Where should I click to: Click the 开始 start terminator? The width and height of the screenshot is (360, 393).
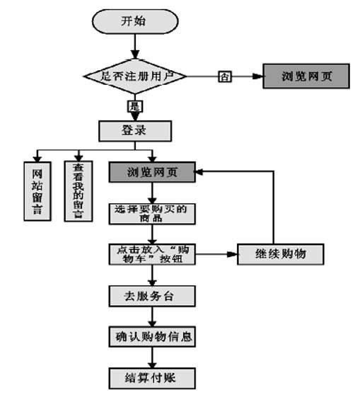(135, 21)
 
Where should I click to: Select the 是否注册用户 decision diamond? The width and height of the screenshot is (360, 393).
(135, 76)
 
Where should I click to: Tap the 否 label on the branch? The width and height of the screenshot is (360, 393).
(225, 76)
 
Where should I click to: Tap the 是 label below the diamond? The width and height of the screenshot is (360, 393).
(135, 106)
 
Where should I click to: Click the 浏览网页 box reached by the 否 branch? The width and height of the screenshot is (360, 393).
(306, 76)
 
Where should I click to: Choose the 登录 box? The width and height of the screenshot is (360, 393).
(135, 131)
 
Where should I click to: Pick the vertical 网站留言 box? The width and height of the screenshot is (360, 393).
(37, 191)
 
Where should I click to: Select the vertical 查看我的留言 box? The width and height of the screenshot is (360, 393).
(79, 191)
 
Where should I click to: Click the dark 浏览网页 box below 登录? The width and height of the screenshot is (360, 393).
(152, 172)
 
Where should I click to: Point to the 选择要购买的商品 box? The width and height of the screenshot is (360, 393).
(152, 214)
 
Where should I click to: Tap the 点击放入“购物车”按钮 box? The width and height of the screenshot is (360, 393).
(152, 254)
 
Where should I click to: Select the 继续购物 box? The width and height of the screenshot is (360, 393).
(280, 254)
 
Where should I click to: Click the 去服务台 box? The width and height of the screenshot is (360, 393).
(152, 296)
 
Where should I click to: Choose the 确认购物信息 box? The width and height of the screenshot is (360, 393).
(152, 336)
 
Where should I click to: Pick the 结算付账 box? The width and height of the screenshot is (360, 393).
(152, 378)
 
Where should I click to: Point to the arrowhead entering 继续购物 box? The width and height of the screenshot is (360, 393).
(232, 254)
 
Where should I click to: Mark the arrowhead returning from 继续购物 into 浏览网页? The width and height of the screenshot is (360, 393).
(199, 172)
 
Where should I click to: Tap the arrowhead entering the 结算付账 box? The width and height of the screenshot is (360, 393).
(152, 365)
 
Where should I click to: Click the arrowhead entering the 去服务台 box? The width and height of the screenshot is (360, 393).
(152, 283)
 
